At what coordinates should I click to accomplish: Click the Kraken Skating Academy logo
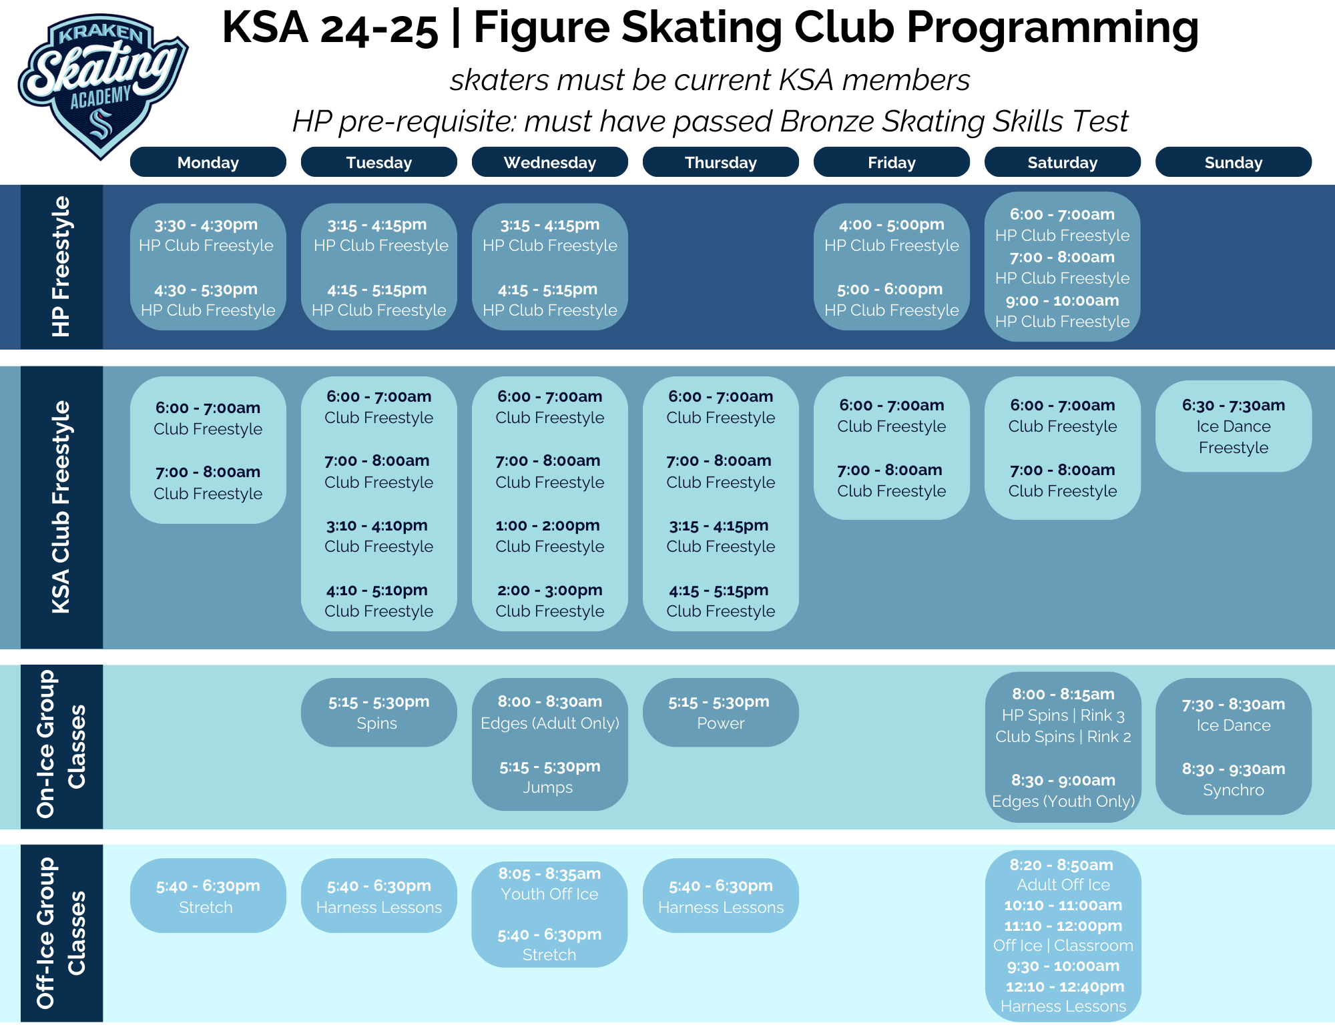(x=103, y=85)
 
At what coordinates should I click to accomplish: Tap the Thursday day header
(x=721, y=162)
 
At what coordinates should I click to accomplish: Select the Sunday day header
(x=1234, y=162)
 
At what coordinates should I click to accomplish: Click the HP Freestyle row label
(x=61, y=266)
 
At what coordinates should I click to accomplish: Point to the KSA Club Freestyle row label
(x=61, y=506)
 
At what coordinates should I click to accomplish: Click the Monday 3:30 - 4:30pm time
(x=206, y=225)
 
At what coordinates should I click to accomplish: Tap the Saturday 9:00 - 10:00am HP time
(x=1063, y=301)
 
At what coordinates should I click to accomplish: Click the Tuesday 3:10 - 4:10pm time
(x=377, y=526)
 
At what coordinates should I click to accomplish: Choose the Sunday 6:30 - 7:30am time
(x=1234, y=406)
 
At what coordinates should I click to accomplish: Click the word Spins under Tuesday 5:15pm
(x=377, y=723)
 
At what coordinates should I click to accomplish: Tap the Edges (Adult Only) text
(x=550, y=723)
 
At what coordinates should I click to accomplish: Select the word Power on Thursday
(x=721, y=723)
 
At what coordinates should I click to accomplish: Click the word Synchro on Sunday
(x=1234, y=790)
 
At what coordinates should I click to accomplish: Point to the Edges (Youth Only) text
(x=1063, y=801)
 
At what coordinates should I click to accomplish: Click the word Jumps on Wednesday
(x=548, y=788)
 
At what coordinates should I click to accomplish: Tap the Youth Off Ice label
(x=550, y=894)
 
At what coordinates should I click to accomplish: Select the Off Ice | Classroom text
(x=1063, y=946)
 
